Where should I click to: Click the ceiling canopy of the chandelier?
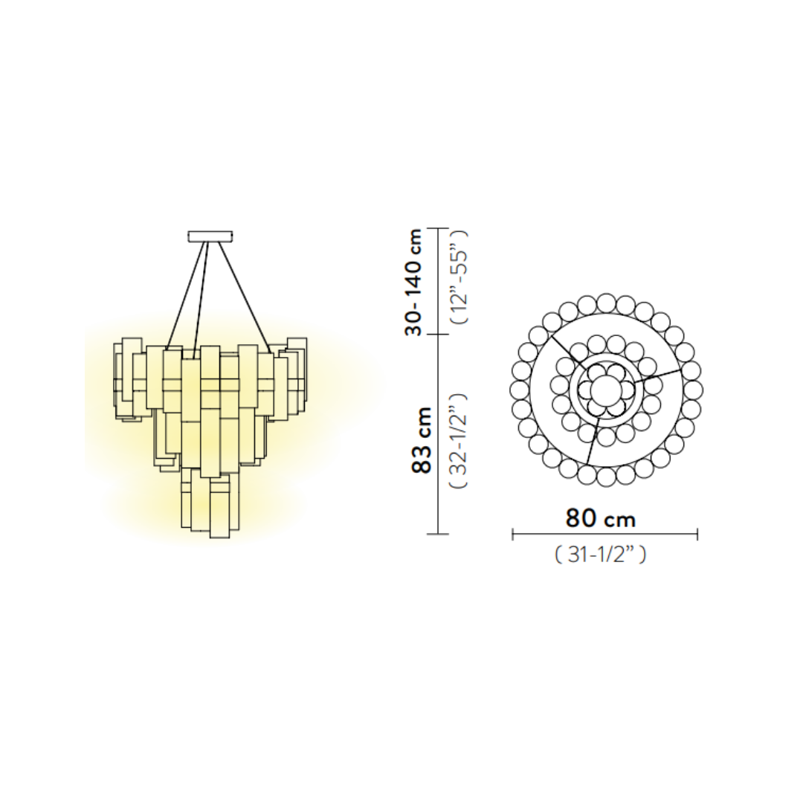(210, 236)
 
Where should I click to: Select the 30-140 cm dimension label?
(413, 282)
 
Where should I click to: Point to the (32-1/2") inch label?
(459, 440)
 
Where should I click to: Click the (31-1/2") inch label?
(601, 555)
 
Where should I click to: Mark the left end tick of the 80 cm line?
(513, 534)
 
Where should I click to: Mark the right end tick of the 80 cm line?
(697, 534)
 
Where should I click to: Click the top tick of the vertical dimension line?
(438, 228)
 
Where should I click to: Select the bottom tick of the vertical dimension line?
(438, 534)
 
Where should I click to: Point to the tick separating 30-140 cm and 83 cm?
(438, 335)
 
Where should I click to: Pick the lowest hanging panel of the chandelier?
(219, 513)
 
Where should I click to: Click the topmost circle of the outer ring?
(606, 303)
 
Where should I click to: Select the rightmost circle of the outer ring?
(693, 390)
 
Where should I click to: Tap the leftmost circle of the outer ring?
(518, 390)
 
